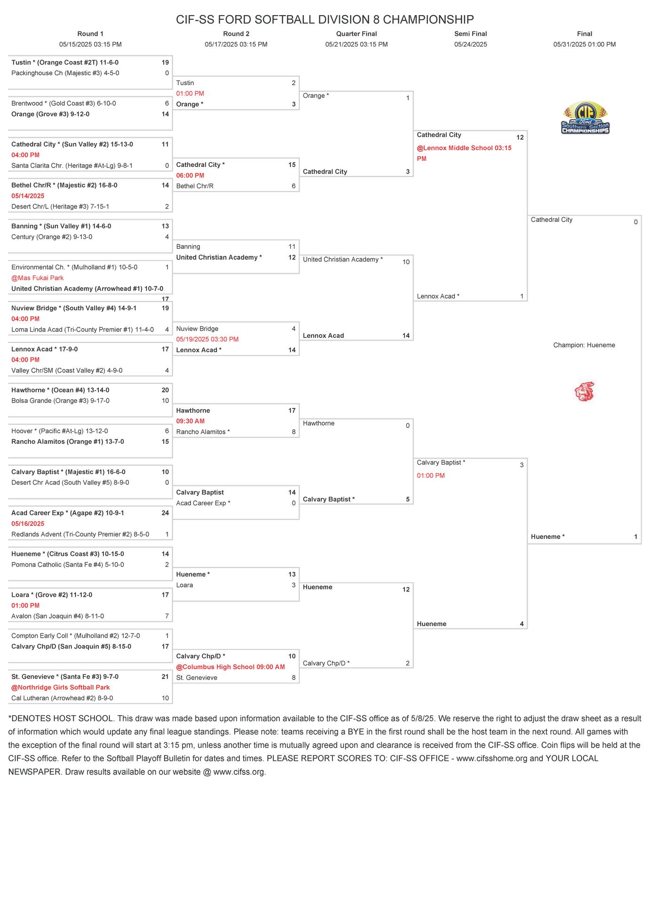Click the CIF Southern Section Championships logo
click(x=585, y=118)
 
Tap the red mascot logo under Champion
click(x=584, y=391)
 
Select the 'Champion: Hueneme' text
click(x=584, y=345)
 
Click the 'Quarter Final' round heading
click(x=356, y=34)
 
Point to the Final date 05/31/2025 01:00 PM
click(x=584, y=45)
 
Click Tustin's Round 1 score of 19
click(x=165, y=63)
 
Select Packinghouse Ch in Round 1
click(x=65, y=73)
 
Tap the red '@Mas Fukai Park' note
click(x=37, y=278)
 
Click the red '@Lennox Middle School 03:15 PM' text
click(x=464, y=153)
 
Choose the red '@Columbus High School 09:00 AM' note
click(x=230, y=667)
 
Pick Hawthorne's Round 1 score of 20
click(x=165, y=390)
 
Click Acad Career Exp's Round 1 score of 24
click(x=165, y=513)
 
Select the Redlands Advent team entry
click(x=80, y=534)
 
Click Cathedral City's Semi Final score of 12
click(x=520, y=137)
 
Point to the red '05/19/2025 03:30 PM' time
click(x=207, y=339)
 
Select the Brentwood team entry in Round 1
click(x=63, y=103)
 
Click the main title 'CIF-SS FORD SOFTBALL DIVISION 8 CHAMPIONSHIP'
click(x=325, y=19)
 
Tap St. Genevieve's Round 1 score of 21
click(x=165, y=677)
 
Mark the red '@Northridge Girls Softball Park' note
click(x=60, y=688)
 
